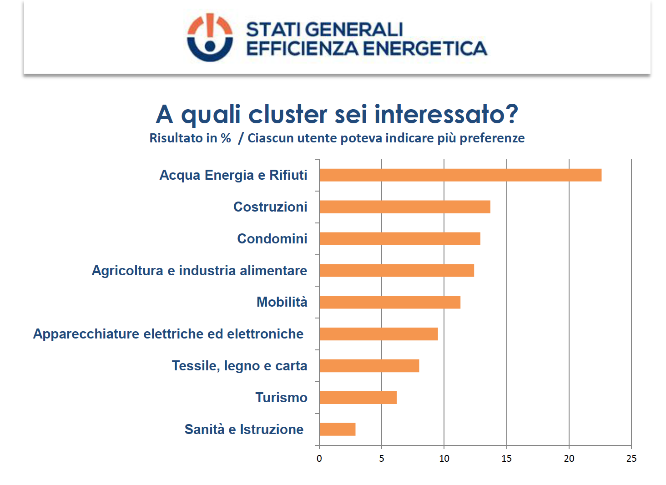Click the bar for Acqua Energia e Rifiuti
point(460,175)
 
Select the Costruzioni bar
point(404,207)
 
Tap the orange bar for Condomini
point(399,239)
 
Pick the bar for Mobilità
point(389,302)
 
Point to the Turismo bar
point(358,398)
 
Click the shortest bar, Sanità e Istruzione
point(337,429)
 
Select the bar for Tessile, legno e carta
point(369,366)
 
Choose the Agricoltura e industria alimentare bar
point(396,271)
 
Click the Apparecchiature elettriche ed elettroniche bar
point(378,334)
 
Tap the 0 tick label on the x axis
point(319,459)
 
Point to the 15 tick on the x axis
point(506,459)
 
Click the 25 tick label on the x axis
point(631,459)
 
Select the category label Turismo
point(281,398)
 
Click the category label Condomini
point(272,239)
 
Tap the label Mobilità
point(282,302)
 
